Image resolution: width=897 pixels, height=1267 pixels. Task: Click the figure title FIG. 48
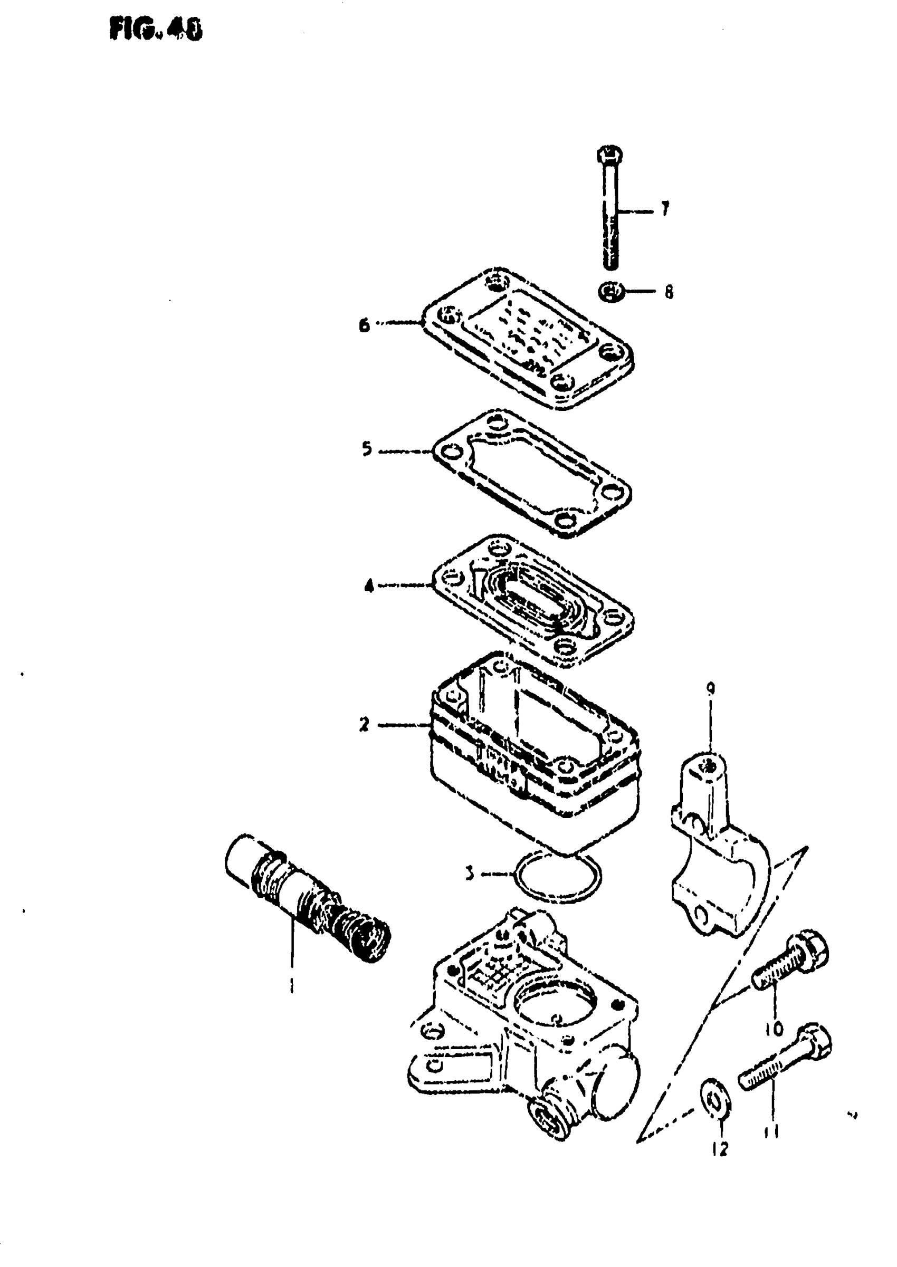(x=156, y=29)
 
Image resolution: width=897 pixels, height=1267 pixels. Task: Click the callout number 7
(x=665, y=209)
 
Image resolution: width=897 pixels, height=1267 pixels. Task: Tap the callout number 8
(x=669, y=292)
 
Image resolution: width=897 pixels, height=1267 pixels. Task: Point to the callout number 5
(x=367, y=449)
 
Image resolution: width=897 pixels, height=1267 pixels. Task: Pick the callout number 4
(x=368, y=585)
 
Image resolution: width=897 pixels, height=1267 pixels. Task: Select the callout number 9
(x=710, y=688)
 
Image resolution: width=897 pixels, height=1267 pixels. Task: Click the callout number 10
(x=775, y=1029)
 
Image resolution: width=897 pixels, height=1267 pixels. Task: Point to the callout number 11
(x=771, y=1132)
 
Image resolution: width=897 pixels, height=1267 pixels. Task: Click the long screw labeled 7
(x=610, y=210)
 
